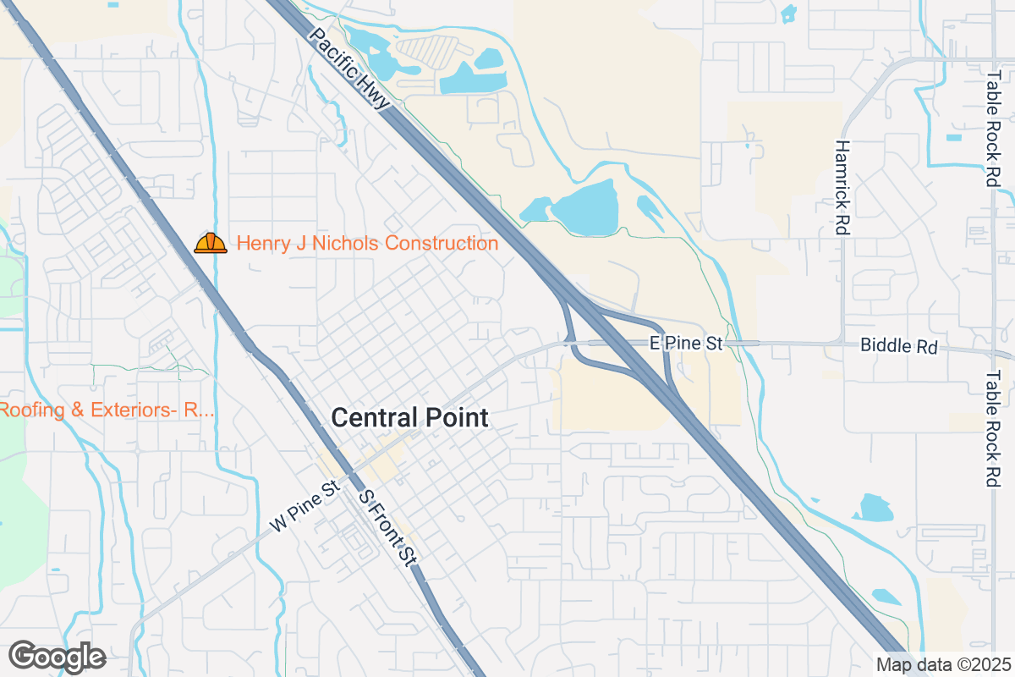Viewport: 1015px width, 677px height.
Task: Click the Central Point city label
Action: point(409,417)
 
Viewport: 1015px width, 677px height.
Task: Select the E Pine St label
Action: point(686,344)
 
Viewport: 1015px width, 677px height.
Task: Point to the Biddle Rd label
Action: point(898,346)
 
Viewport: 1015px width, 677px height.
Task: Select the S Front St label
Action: point(388,527)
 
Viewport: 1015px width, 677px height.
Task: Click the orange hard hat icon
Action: point(211,244)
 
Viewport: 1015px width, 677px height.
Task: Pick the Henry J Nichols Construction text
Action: point(367,244)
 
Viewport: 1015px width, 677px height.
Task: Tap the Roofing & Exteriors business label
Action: point(106,410)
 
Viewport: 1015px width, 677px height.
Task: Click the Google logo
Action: point(57,657)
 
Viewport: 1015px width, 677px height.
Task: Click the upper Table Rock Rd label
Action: point(993,129)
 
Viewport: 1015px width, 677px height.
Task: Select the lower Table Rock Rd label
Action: point(993,428)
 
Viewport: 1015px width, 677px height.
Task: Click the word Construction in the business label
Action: point(441,244)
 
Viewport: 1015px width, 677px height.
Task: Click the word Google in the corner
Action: point(57,657)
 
